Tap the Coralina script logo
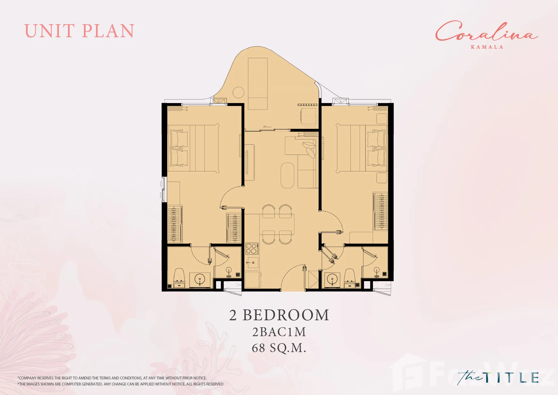486,31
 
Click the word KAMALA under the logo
487,47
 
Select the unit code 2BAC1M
279,332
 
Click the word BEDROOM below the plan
286,315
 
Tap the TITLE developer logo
498,378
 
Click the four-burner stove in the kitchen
251,248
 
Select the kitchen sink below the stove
253,263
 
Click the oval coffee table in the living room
287,175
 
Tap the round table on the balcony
238,93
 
